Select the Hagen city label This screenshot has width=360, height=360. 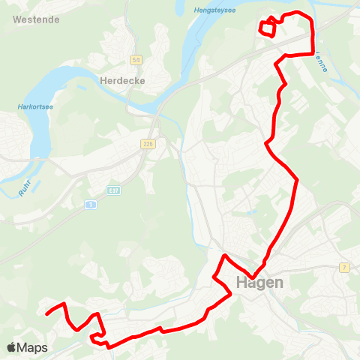[259, 283]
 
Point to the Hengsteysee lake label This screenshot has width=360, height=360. [235, 10]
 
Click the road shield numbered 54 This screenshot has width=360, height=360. [136, 59]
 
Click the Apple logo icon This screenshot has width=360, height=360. [11, 348]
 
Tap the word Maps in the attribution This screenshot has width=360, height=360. [33, 348]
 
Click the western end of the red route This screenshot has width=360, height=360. [46, 314]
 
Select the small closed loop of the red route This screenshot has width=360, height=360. [266, 28]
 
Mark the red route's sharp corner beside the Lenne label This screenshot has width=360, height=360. [311, 53]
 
